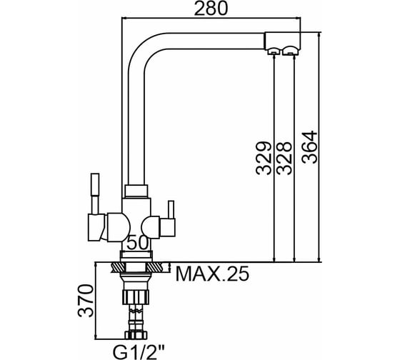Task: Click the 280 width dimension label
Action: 210,8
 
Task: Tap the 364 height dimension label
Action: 309,147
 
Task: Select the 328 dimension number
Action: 284,158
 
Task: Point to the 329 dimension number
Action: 264,158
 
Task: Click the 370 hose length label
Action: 86,301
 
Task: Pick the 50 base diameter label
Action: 138,242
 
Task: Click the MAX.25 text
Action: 212,274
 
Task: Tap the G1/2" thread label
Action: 139,352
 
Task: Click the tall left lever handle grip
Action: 95,185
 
